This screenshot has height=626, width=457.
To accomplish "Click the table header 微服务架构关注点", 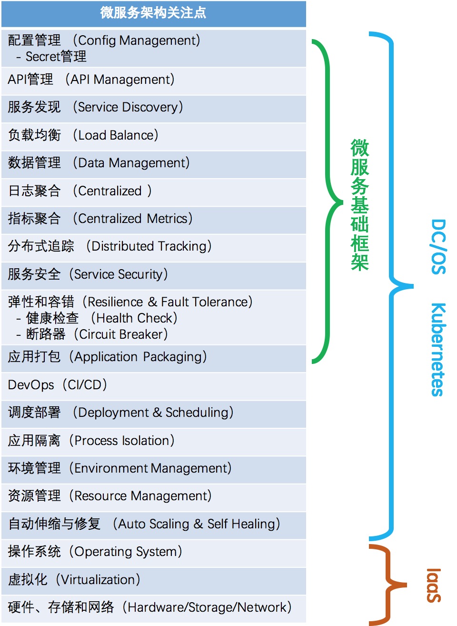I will (x=153, y=13).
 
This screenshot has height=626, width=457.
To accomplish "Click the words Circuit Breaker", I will (x=123, y=334).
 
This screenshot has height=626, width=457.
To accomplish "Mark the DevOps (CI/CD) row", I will (x=58, y=385).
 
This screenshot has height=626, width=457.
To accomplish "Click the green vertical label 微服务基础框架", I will (x=360, y=205).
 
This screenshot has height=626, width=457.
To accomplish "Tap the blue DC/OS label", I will (x=438, y=247).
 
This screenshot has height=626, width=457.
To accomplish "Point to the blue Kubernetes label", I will (x=437, y=349).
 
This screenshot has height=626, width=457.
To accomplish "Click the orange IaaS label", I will (x=434, y=585).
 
